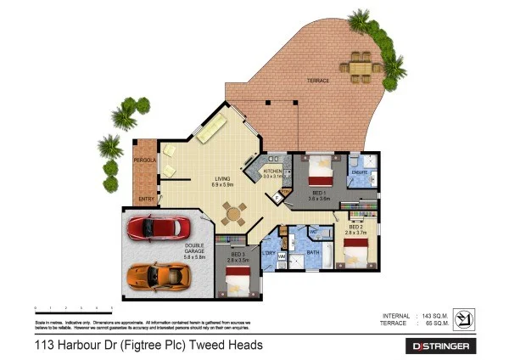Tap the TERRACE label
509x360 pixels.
pos(317,81)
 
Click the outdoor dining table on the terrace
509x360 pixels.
pos(361,65)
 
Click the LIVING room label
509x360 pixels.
pos(222,178)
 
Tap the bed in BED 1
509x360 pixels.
pos(320,173)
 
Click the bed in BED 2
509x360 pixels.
pos(356,250)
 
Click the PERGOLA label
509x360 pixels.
pos(143,160)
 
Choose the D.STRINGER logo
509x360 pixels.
pos(444,346)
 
